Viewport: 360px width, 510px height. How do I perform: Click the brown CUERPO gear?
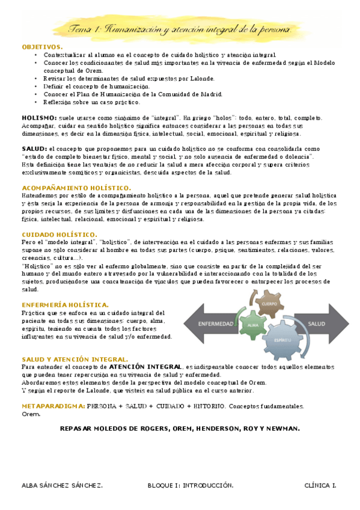[269, 305]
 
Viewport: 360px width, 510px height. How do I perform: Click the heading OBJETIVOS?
[41, 46]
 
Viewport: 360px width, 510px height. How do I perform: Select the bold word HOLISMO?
[39, 118]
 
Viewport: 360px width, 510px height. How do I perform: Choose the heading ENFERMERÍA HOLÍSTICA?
[65, 305]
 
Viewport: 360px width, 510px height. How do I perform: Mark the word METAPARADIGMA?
[53, 406]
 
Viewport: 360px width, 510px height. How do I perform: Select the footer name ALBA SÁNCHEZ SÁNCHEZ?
[61, 485]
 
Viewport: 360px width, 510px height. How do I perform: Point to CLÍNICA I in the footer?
[320, 485]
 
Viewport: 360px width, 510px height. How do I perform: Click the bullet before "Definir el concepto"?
[37, 86]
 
